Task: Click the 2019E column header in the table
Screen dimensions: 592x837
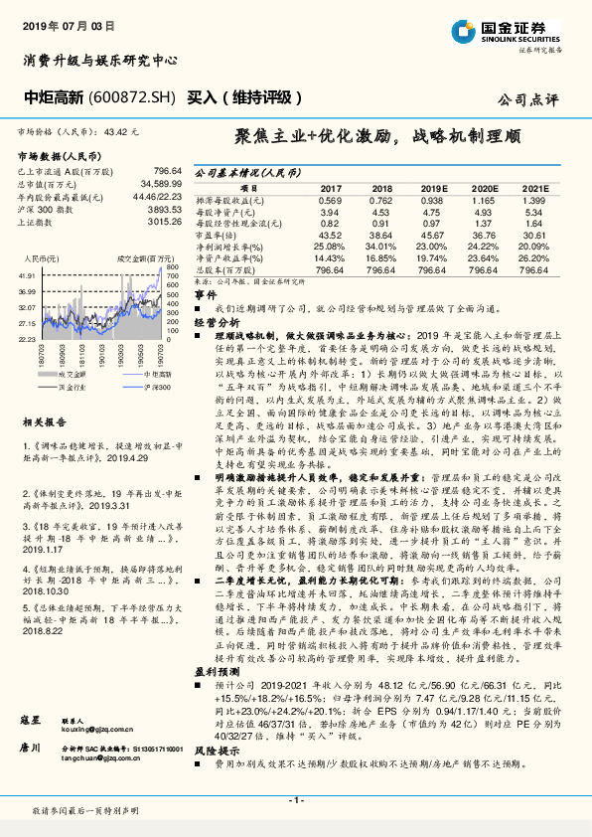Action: coord(432,187)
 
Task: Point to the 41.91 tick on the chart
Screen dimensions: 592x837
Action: coord(27,275)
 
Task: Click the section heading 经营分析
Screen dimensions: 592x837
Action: coord(217,323)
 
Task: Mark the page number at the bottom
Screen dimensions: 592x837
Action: coord(295,799)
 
